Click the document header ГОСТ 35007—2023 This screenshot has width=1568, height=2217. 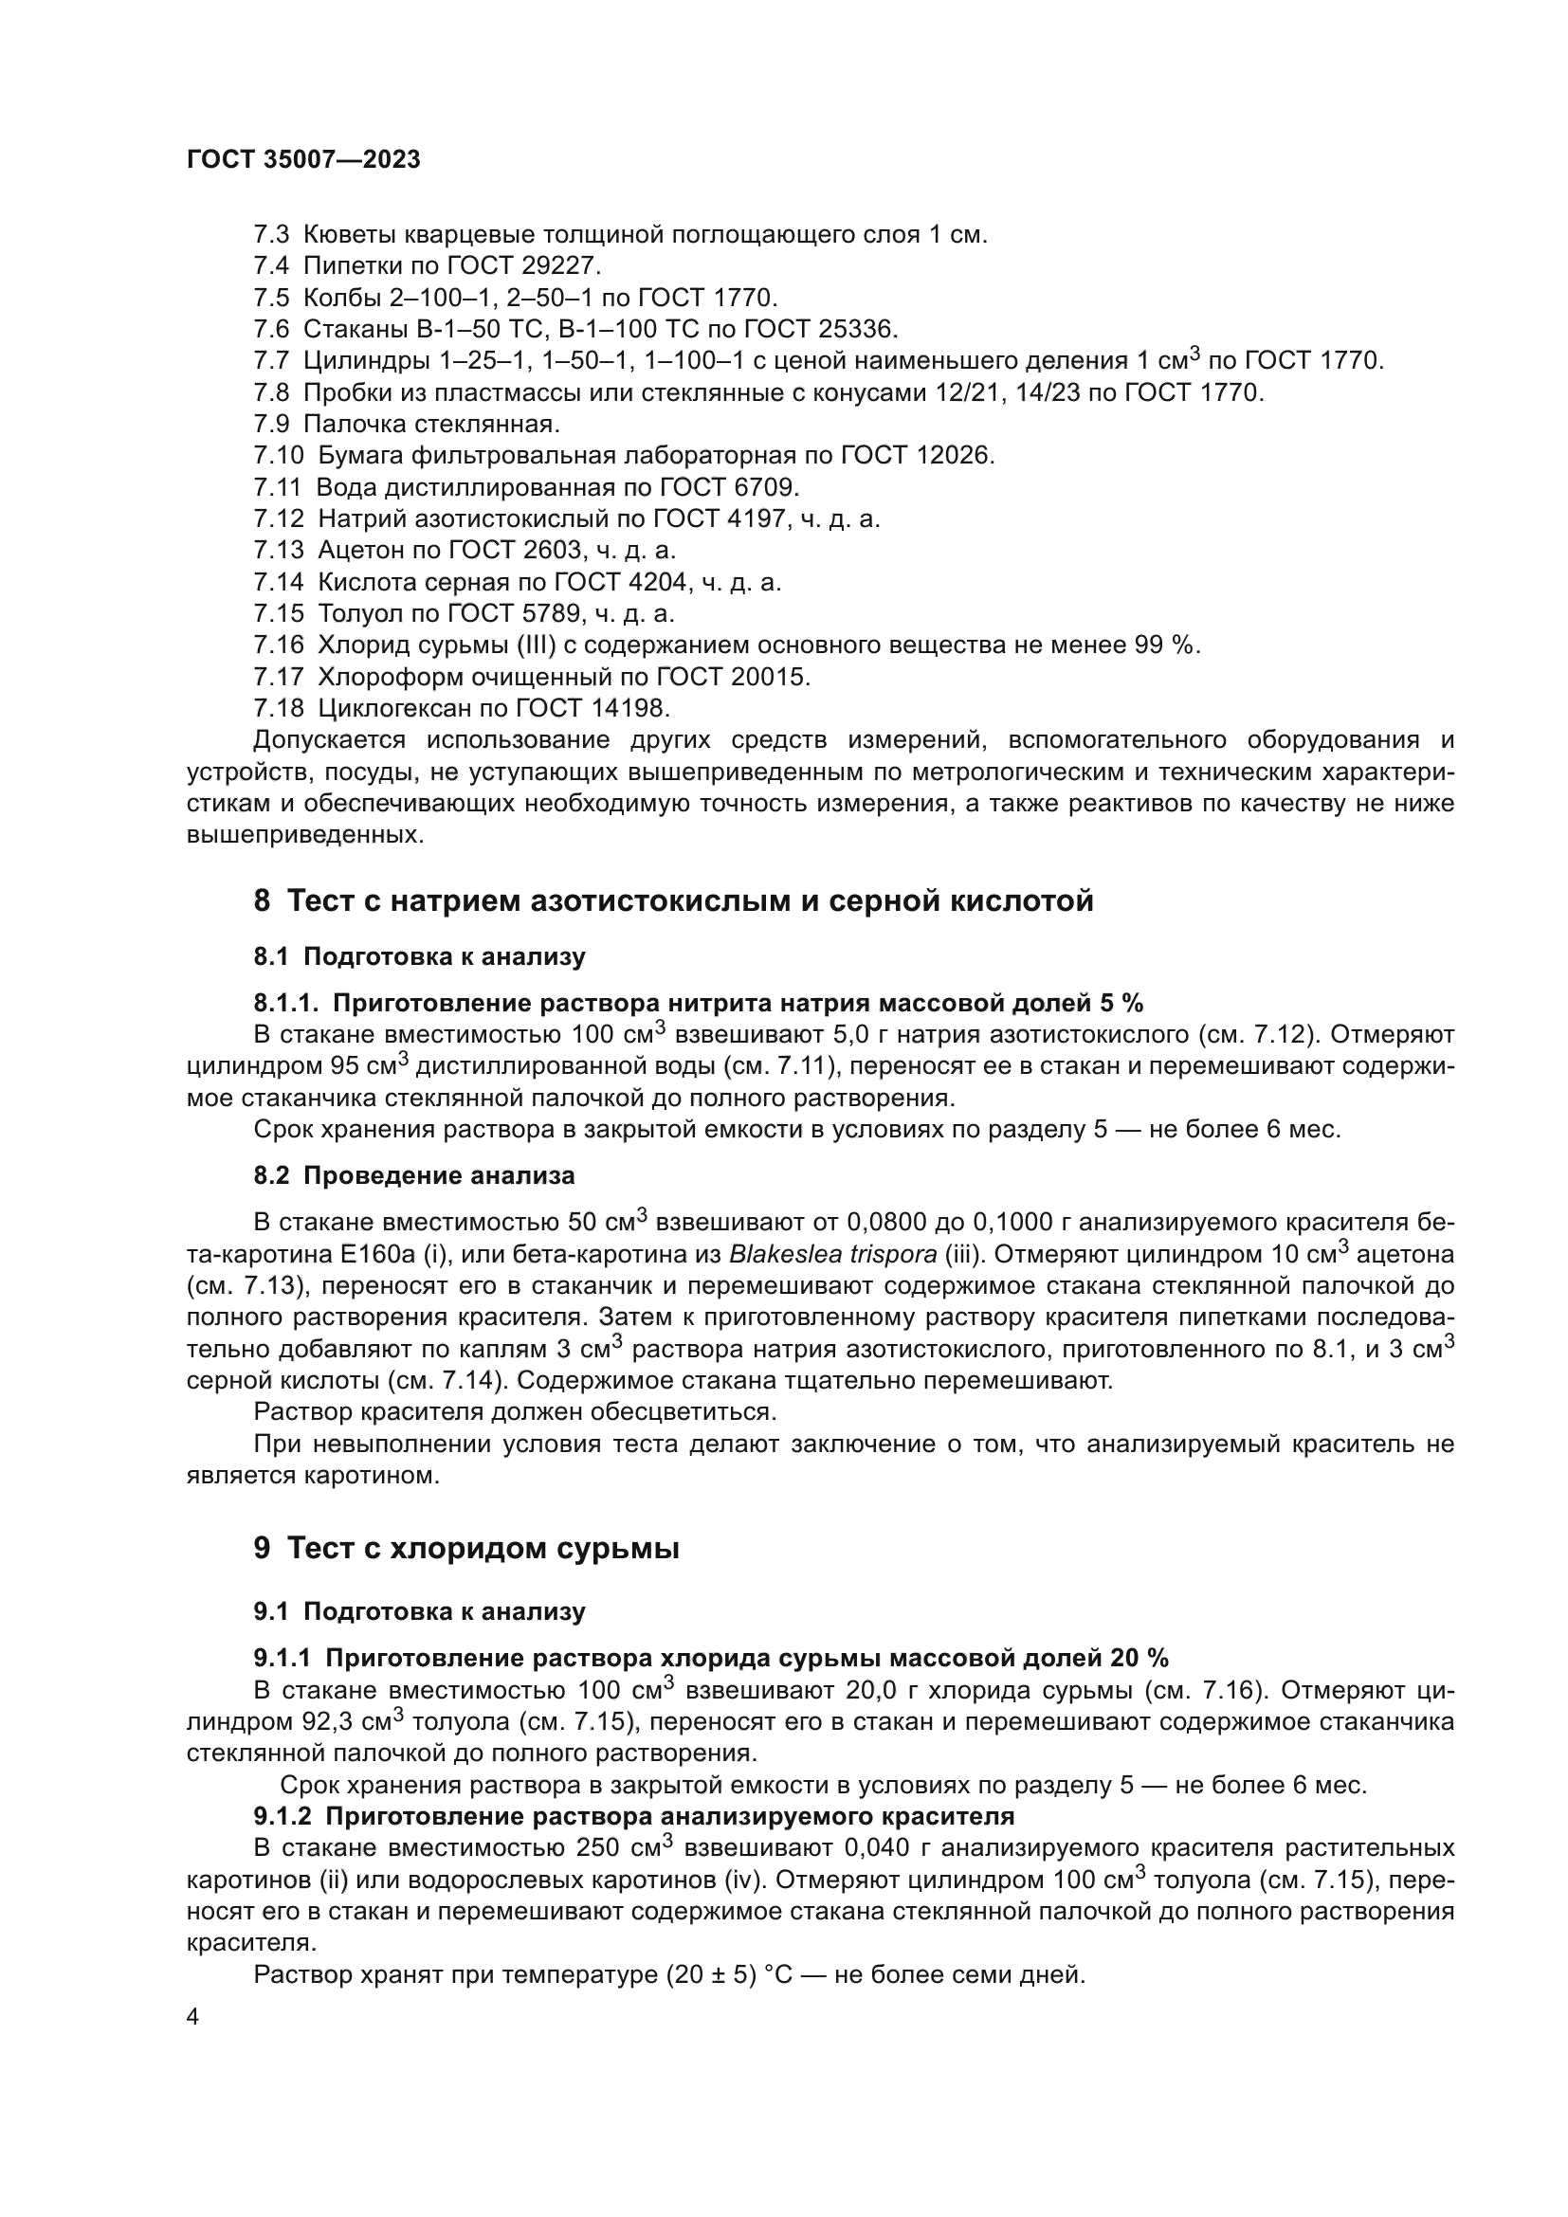[x=303, y=160]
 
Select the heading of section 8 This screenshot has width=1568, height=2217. [x=673, y=900]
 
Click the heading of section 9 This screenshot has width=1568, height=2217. [x=466, y=1549]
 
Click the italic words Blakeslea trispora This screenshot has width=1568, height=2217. [x=832, y=1255]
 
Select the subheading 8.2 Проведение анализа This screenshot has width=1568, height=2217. [x=414, y=1176]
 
